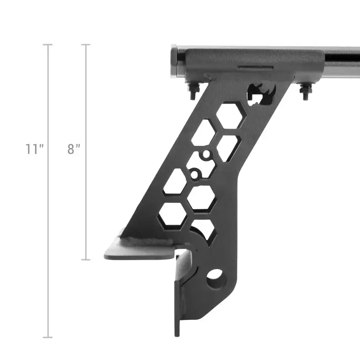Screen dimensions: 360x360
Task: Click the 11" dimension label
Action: [x=34, y=149]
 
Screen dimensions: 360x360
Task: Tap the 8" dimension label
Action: [x=74, y=149]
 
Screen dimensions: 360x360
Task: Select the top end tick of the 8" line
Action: [x=85, y=45]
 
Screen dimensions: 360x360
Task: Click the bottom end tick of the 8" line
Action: [x=85, y=260]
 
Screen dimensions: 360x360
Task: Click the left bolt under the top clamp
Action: [x=193, y=91]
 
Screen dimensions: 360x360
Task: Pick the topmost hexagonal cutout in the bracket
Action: [x=230, y=116]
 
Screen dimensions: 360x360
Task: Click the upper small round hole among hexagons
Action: [x=206, y=155]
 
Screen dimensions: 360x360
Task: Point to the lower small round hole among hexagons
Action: [x=194, y=173]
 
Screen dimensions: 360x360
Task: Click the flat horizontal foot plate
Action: [x=139, y=252]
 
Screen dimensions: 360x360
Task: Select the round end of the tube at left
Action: [x=175, y=61]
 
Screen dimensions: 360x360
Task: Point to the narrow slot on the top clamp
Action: [x=255, y=69]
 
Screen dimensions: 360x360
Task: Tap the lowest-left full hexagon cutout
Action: [x=173, y=215]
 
